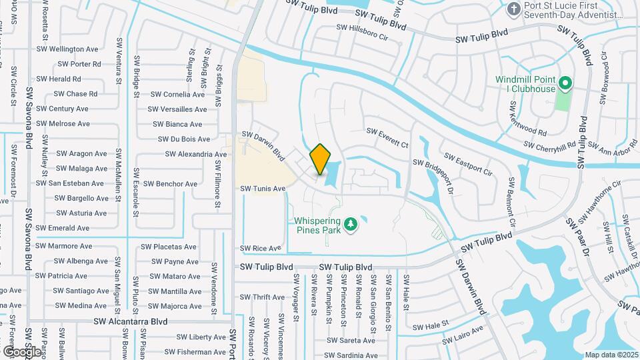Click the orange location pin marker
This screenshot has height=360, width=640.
click(x=320, y=159)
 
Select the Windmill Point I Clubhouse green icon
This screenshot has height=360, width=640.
click(x=565, y=84)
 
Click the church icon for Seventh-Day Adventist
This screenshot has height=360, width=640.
click(x=514, y=9)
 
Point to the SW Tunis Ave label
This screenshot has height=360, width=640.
click(x=263, y=189)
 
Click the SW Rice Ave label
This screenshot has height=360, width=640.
click(x=261, y=248)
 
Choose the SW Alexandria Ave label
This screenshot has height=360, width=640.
click(x=196, y=154)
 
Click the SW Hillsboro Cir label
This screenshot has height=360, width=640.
click(x=362, y=28)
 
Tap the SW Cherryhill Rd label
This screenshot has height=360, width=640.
click(x=549, y=145)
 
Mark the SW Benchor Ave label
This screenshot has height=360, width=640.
click(x=170, y=183)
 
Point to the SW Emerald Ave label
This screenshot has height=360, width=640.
click(x=63, y=228)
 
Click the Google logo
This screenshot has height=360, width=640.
click(x=22, y=351)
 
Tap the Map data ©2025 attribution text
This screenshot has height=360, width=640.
click(x=611, y=355)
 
